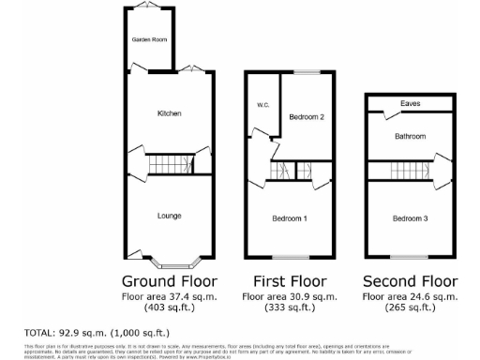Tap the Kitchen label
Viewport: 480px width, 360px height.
pyautogui.click(x=169, y=113)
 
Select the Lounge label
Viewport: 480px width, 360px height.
pyautogui.click(x=169, y=216)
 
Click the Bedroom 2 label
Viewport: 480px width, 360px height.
pyautogui.click(x=307, y=117)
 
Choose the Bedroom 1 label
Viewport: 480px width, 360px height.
pyautogui.click(x=290, y=218)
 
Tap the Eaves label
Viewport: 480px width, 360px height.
pyautogui.click(x=410, y=103)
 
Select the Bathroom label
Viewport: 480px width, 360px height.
pyautogui.click(x=410, y=137)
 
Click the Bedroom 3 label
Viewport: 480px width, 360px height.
pyautogui.click(x=410, y=218)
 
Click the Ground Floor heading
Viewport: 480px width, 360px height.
pyautogui.click(x=169, y=281)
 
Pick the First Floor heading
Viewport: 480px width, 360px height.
pyautogui.click(x=290, y=281)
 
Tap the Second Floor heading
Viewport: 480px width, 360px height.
pyautogui.click(x=410, y=281)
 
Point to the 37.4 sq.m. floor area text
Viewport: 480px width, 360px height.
pyautogui.click(x=169, y=296)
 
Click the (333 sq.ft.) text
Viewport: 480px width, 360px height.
pyautogui.click(x=290, y=307)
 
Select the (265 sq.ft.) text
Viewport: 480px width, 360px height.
pyautogui.click(x=410, y=307)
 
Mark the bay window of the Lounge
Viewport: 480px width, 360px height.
pyautogui.click(x=169, y=259)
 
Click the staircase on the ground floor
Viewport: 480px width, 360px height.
pyautogui.click(x=170, y=162)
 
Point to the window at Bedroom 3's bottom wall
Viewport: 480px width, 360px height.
pyautogui.click(x=410, y=256)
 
